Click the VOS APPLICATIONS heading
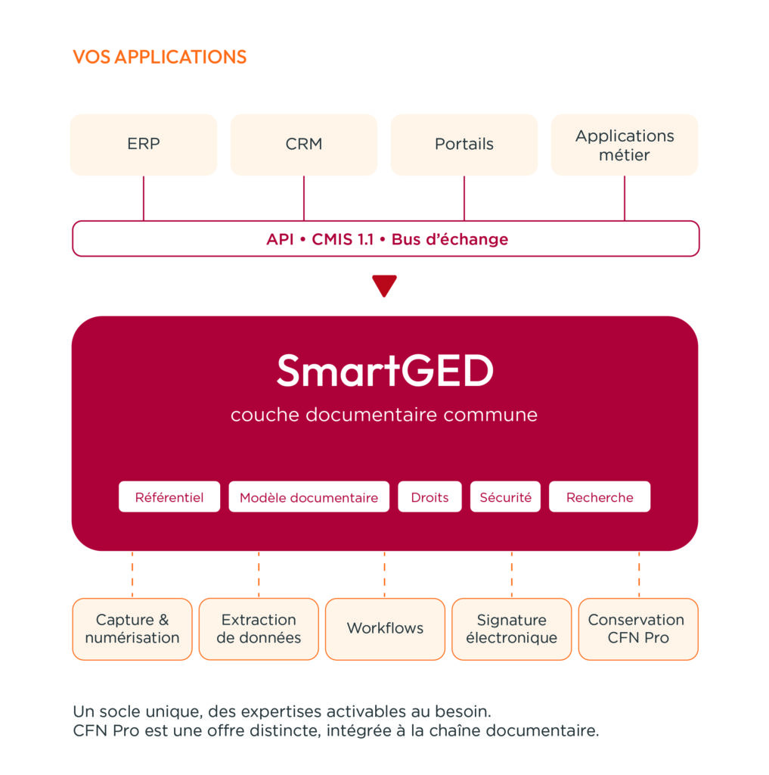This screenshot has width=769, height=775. point(160,57)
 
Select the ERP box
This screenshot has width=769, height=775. point(144,145)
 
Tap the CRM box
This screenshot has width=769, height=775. point(304,145)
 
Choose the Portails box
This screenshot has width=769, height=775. point(464,145)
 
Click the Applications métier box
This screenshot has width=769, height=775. point(625,145)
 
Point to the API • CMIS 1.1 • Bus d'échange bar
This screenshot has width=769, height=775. point(386,238)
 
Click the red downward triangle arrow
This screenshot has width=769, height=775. point(384,285)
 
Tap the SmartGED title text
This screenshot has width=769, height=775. point(385,370)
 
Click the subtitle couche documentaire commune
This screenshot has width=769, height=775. point(384,415)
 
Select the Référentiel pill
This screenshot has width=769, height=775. point(169,496)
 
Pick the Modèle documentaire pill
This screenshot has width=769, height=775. point(309,496)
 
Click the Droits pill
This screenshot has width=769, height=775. point(429,496)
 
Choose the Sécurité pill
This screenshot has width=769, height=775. point(505,496)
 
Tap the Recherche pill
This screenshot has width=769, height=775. point(600,496)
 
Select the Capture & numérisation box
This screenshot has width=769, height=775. point(132,629)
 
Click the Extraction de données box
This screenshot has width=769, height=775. point(259,629)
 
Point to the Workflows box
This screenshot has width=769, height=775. point(385,629)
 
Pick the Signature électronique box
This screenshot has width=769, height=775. point(512,629)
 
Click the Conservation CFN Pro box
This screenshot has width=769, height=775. point(638,629)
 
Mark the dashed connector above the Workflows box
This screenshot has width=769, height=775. point(385,574)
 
